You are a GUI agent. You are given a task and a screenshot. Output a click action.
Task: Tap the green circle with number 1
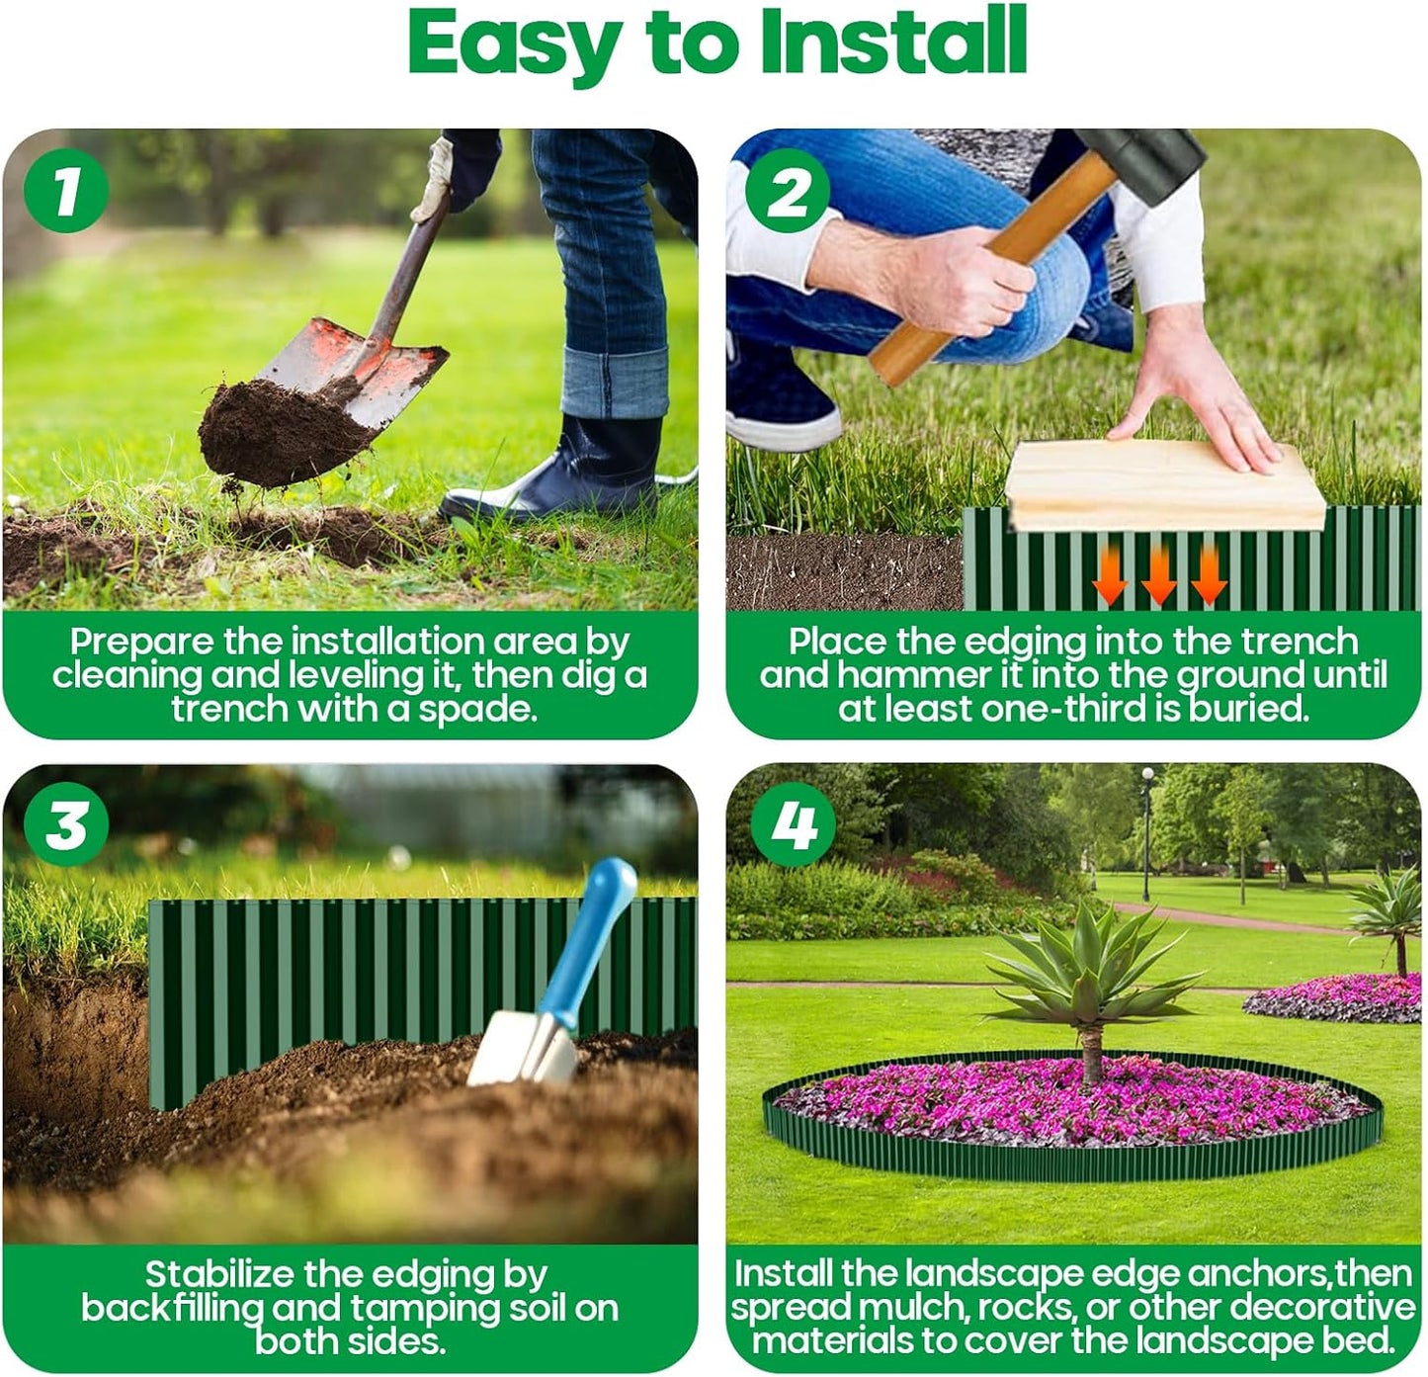coord(65,190)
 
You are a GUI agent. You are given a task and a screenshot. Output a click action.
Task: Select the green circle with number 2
coord(788,190)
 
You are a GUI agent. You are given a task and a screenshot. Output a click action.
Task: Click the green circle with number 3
coord(65,823)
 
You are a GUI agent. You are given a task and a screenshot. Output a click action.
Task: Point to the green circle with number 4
coord(793,823)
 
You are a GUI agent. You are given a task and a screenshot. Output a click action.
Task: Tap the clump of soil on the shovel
coord(277,432)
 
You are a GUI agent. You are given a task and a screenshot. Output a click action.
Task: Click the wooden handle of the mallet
coord(998,267)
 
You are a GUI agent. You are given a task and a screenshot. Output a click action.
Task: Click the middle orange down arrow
coord(1158,575)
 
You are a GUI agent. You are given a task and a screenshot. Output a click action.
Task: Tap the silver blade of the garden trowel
coord(519,1048)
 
